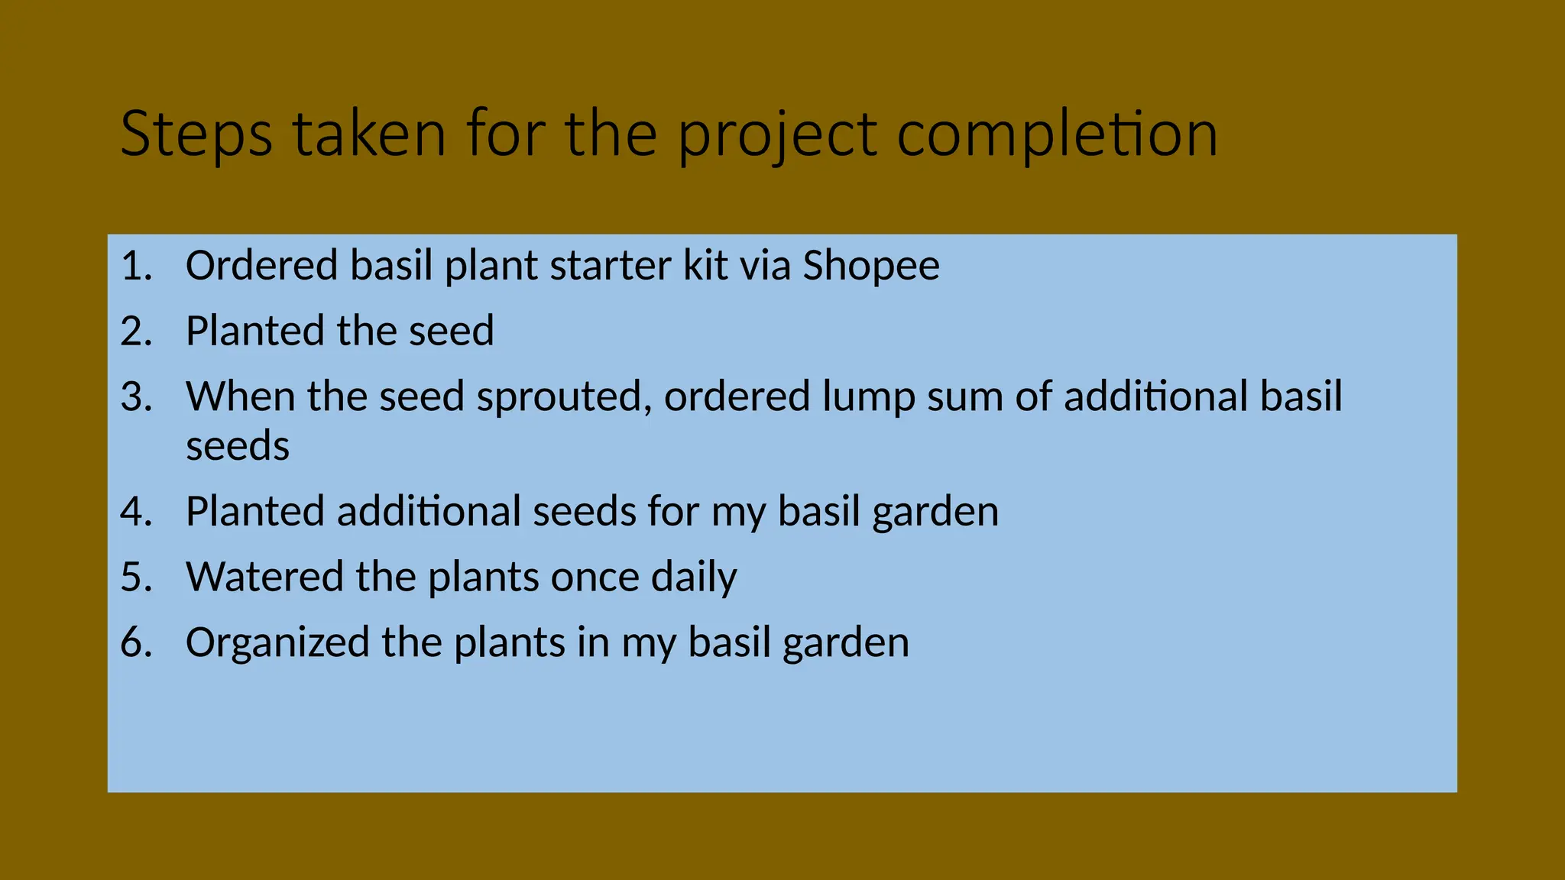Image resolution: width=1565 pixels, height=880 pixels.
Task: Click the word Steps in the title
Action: [196, 134]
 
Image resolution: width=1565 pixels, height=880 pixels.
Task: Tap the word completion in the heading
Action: [1057, 134]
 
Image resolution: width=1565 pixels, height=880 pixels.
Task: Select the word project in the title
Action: [778, 134]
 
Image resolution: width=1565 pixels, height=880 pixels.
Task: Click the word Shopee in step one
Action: [870, 266]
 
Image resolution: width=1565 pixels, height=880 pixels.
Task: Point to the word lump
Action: [869, 397]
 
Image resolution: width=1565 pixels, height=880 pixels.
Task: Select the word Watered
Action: [264, 577]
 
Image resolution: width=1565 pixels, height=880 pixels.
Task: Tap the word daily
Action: [694, 577]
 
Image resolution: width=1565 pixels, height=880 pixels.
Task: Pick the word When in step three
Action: [240, 397]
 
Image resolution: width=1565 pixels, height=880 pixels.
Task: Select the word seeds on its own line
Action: [238, 446]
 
